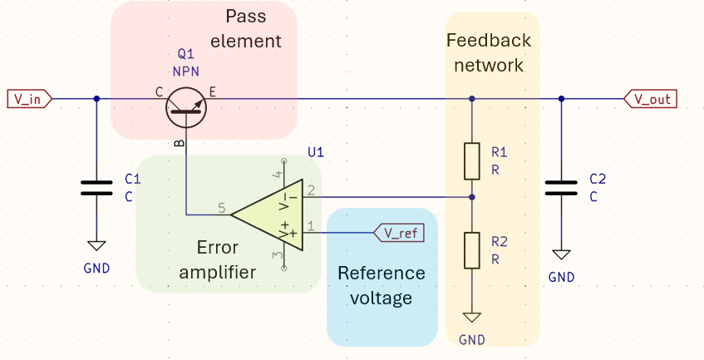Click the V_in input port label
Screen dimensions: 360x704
pyautogui.click(x=30, y=99)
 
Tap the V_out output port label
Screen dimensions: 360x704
pyautogui.click(x=651, y=99)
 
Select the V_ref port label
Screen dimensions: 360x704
pyautogui.click(x=400, y=233)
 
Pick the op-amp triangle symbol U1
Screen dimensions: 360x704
pyautogui.click(x=266, y=215)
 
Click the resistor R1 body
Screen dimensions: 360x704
pyautogui.click(x=472, y=161)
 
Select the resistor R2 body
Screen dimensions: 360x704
pyautogui.click(x=472, y=249)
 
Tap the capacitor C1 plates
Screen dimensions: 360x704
pyautogui.click(x=96, y=187)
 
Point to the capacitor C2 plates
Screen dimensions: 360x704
pyautogui.click(x=561, y=187)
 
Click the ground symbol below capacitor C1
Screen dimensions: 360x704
pyautogui.click(x=96, y=245)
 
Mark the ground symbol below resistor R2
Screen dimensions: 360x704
pyautogui.click(x=472, y=317)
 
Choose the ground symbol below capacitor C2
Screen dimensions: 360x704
pyautogui.click(x=561, y=254)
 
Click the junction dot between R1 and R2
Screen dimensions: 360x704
pyautogui.click(x=472, y=197)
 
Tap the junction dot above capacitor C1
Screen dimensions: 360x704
pyautogui.click(x=96, y=99)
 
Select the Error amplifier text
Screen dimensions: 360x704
pyautogui.click(x=218, y=259)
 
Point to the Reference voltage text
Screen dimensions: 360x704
pyautogui.click(x=381, y=285)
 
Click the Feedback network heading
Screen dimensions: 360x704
pyautogui.click(x=488, y=52)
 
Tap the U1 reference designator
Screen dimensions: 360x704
pyautogui.click(x=316, y=152)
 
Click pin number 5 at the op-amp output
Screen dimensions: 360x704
pyautogui.click(x=222, y=208)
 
